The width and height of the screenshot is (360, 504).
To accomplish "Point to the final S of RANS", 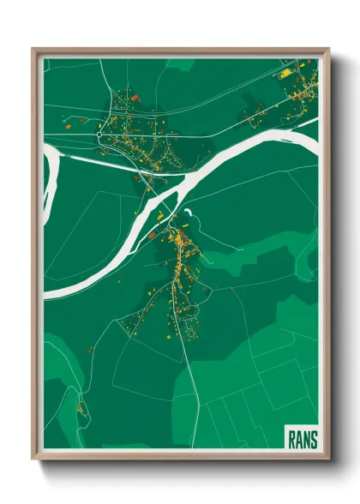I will tap(314, 440).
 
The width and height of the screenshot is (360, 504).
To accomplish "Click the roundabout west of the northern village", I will tap(100, 135).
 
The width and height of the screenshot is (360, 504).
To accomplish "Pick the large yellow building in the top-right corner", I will tap(285, 75).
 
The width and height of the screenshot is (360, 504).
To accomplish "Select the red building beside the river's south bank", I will tap(152, 232).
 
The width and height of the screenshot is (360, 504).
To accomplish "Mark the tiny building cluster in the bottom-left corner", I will tap(81, 409).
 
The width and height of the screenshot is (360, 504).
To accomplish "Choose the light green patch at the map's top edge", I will tap(180, 63).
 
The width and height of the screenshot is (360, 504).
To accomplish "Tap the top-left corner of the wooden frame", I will tap(33, 48).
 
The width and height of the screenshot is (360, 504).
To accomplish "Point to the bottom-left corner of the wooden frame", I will tap(33, 459).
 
